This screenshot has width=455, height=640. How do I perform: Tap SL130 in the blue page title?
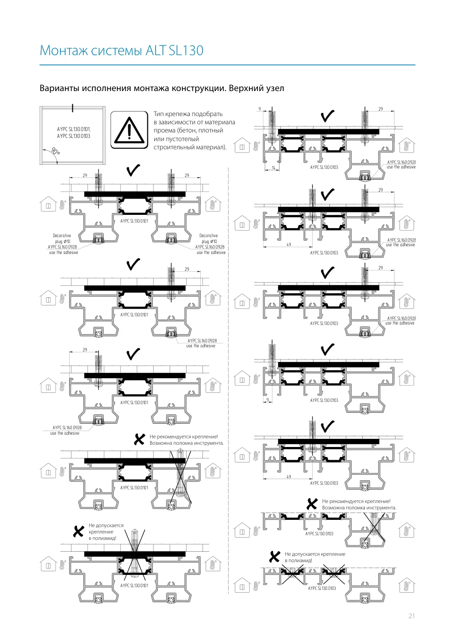point(186,50)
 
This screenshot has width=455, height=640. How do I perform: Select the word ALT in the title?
point(156,50)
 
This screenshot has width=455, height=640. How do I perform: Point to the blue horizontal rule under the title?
point(227,65)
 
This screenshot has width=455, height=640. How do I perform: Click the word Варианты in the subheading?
point(60,88)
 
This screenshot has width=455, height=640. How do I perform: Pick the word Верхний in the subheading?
point(246,88)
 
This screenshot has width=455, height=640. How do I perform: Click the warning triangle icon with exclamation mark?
point(129,130)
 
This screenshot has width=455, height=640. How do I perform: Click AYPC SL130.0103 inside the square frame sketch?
point(74,136)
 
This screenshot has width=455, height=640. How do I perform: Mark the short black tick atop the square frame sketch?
point(72,108)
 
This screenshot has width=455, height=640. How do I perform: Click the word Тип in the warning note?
point(159,114)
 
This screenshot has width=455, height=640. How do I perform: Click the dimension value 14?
point(273,168)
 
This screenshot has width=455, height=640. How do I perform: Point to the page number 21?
point(412,616)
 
